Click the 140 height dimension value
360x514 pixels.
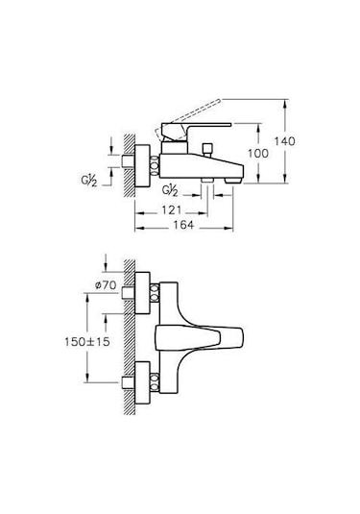(x=284, y=141)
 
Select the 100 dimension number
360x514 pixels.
(x=258, y=154)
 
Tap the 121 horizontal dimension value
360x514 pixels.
(x=171, y=210)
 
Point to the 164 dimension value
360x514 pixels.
(x=183, y=225)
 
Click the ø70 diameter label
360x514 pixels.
(x=106, y=285)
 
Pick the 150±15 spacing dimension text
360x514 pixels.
(x=87, y=342)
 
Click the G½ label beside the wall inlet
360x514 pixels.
(x=89, y=181)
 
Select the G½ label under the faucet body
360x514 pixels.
(x=170, y=190)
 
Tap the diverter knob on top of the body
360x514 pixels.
(x=207, y=149)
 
